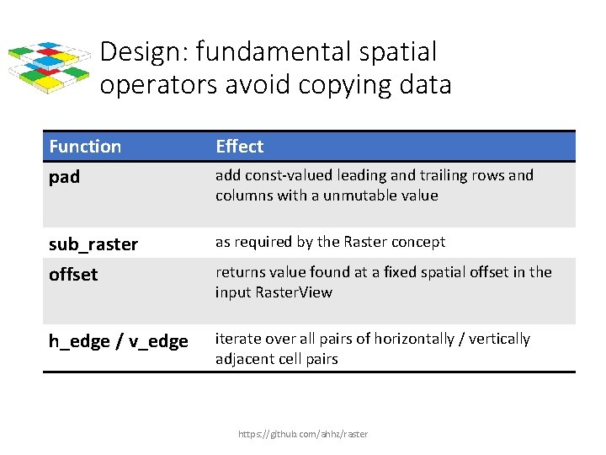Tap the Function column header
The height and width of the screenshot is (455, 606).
click(85, 147)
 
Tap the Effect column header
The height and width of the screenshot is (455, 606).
click(239, 147)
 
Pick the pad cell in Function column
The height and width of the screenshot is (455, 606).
click(65, 178)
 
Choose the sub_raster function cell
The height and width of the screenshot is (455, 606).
click(93, 244)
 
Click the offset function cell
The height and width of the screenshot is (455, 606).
click(73, 275)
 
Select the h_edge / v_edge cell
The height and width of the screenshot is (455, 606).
click(118, 341)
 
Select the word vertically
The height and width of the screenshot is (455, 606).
click(499, 339)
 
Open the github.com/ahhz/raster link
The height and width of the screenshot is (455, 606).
click(303, 434)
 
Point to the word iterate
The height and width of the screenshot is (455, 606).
click(239, 339)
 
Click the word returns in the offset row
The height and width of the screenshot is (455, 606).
click(241, 272)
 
